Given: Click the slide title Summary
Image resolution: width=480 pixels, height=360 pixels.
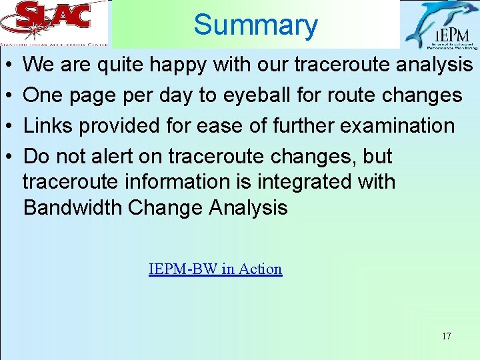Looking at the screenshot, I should pos(255,25).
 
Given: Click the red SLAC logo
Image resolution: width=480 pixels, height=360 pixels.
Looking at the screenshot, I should pos(53,18).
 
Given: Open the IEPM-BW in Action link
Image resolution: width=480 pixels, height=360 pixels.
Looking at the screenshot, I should pos(215,269).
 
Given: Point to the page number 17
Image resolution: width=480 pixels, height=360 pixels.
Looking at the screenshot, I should pos(446,336).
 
